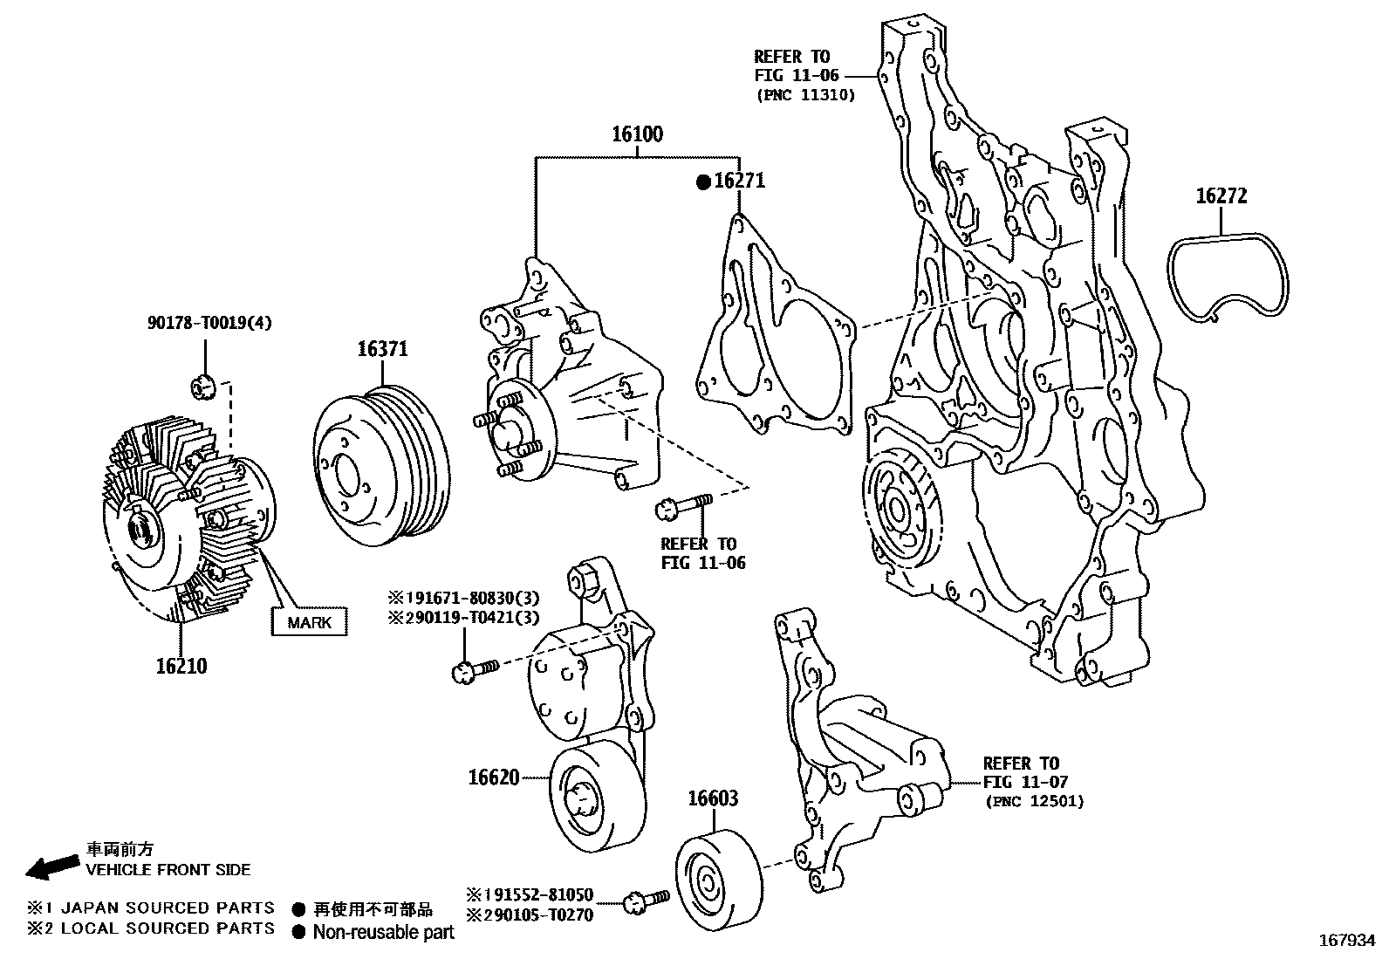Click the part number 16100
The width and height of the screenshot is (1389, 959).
tap(638, 134)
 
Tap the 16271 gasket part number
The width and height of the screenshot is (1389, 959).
tap(740, 182)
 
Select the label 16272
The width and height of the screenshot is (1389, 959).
tap(1221, 196)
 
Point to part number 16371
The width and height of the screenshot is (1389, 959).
tap(383, 349)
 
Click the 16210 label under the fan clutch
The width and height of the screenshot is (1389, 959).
tap(181, 666)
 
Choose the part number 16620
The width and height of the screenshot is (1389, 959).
tap(494, 777)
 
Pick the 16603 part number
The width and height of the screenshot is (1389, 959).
tap(713, 798)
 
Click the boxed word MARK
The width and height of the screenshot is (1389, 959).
tap(310, 622)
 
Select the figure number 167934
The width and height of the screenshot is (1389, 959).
tap(1347, 941)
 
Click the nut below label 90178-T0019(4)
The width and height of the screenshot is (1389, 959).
tap(202, 387)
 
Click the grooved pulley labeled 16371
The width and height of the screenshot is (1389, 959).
tap(382, 466)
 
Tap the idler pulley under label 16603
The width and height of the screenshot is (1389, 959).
tap(719, 880)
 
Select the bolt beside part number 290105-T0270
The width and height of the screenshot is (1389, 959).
tap(648, 901)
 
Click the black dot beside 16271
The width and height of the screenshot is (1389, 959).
tap(703, 182)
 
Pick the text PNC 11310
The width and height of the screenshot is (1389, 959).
tap(805, 95)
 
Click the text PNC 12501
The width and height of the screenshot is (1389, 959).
tap(1035, 801)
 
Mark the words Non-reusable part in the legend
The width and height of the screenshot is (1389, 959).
tap(384, 932)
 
